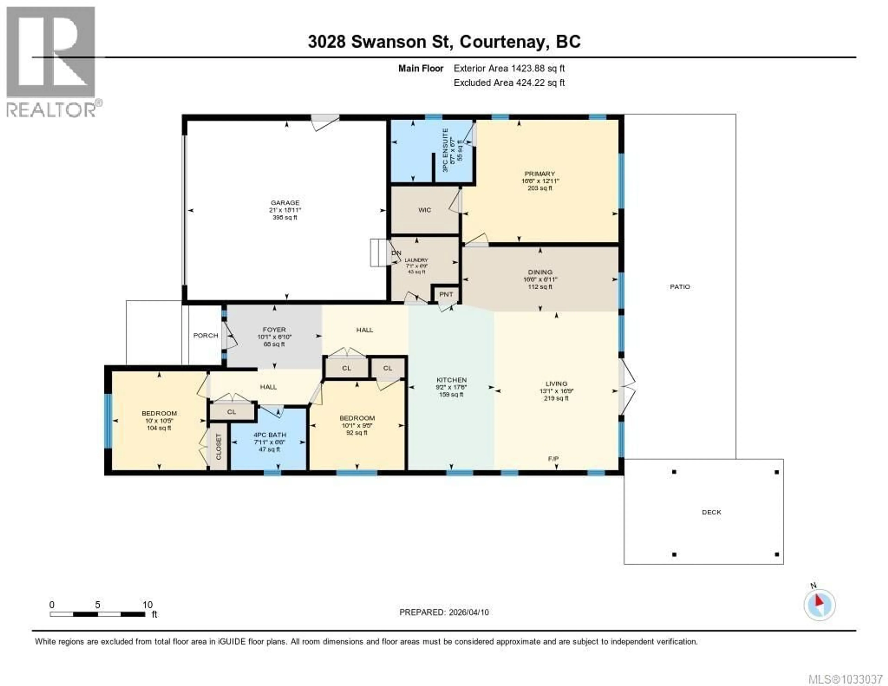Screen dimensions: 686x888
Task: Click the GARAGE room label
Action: point(285,203)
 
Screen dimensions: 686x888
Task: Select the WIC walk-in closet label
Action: point(425,210)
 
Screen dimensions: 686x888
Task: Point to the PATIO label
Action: point(680,287)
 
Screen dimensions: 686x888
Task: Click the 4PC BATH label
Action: point(270,435)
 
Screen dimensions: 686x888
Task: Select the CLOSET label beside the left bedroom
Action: point(218,446)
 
